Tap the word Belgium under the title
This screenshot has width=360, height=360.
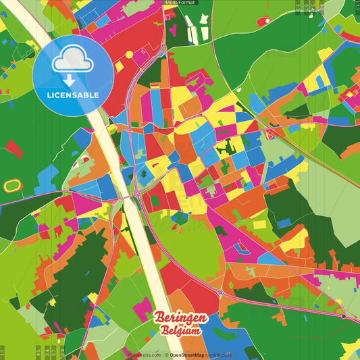click(x=181, y=331)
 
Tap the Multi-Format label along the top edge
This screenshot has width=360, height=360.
click(x=180, y=3)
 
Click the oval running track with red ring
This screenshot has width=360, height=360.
click(x=12, y=184)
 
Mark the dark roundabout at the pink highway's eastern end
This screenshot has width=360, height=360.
click(x=344, y=315)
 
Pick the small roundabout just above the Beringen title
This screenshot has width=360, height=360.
click(x=220, y=292)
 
